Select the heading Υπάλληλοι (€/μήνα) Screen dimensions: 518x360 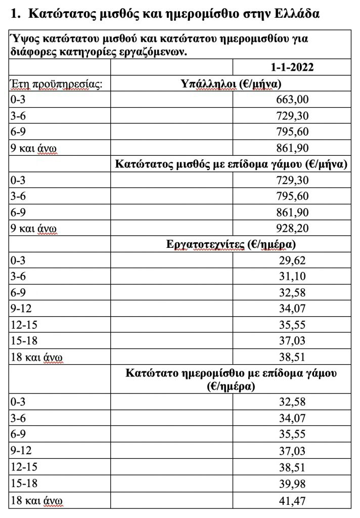pos(231,83)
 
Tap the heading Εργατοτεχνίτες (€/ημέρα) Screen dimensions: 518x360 pos(231,245)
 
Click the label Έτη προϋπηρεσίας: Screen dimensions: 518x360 pos(56,84)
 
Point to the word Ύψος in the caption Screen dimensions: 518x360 pos(23,39)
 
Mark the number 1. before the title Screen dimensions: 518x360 pos(15,14)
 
